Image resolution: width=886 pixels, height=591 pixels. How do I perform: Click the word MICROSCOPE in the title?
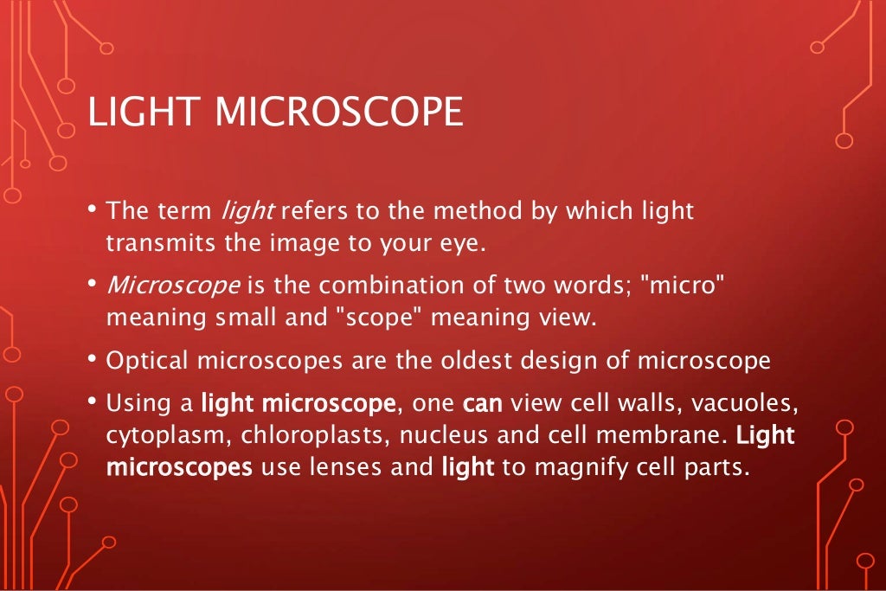pyautogui.click(x=338, y=113)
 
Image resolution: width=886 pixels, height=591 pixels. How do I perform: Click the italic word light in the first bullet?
pyautogui.click(x=247, y=211)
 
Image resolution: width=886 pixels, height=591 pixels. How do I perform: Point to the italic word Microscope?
pyautogui.click(x=159, y=286)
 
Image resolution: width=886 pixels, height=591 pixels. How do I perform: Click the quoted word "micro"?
pyautogui.click(x=681, y=286)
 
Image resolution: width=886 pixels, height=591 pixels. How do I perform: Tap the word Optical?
pyautogui.click(x=146, y=360)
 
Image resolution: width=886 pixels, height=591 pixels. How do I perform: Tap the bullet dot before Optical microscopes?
pyautogui.click(x=92, y=357)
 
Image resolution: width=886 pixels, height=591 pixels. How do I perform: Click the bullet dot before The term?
pyautogui.click(x=92, y=209)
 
